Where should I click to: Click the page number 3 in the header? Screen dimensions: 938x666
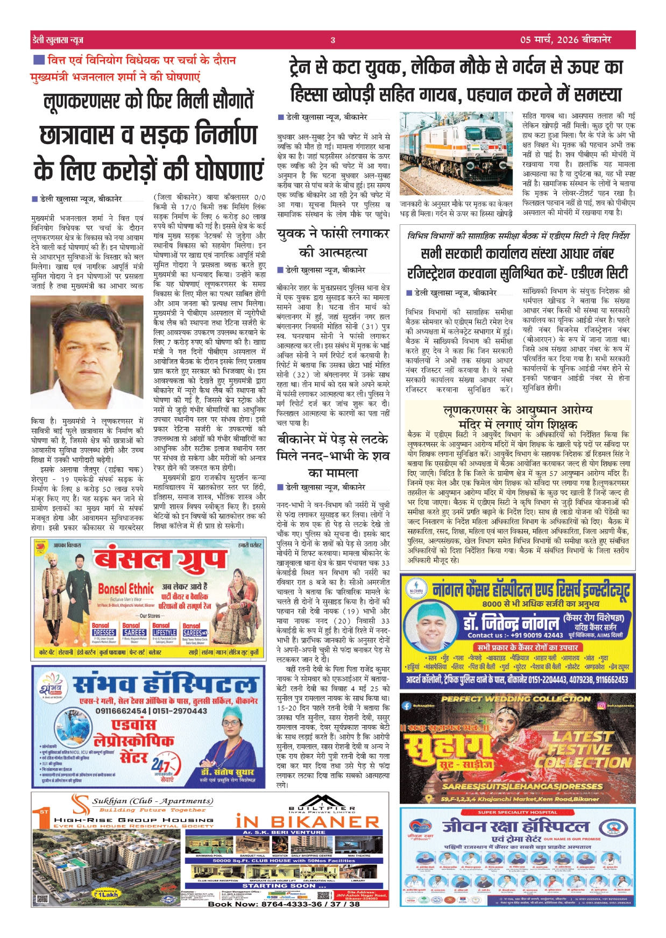[x=332, y=40]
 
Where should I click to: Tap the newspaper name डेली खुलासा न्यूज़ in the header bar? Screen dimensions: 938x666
[x=58, y=40]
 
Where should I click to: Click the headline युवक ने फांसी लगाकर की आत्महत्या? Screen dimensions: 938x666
[x=332, y=243]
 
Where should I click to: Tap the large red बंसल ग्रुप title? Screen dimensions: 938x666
[x=160, y=560]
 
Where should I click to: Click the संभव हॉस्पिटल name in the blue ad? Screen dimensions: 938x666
[x=165, y=684]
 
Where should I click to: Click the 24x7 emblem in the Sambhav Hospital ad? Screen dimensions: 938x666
[x=162, y=765]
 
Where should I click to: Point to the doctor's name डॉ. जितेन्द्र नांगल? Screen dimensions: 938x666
[x=511, y=623]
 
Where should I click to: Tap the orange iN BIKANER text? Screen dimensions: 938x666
[x=307, y=822]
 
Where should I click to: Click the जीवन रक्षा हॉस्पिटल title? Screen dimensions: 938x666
[x=516, y=826]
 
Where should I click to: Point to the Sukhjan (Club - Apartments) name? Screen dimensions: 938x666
[x=152, y=801]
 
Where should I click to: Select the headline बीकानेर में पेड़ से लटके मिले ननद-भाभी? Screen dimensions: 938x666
[x=332, y=456]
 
